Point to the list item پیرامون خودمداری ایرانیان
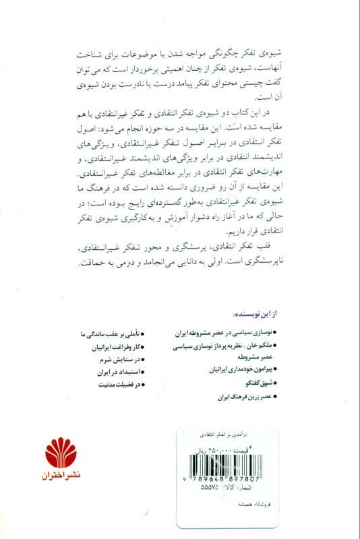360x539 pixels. (239, 371)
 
